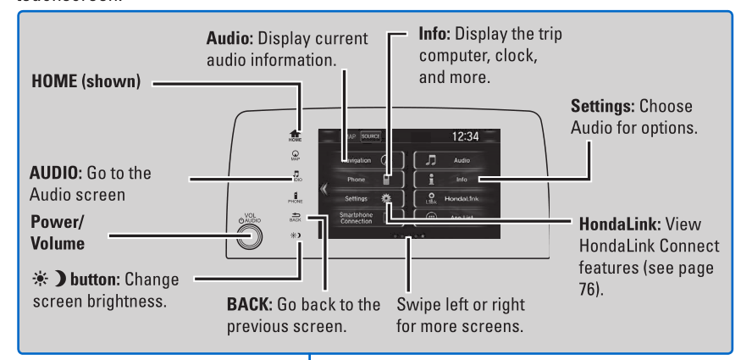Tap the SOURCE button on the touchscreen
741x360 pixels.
pyautogui.click(x=370, y=136)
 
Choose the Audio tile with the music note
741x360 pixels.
pyautogui.click(x=460, y=158)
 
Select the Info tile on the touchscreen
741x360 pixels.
pyautogui.click(x=460, y=179)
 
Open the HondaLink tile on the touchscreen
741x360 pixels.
pyautogui.click(x=460, y=199)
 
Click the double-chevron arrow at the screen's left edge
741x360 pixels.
pyautogui.click(x=323, y=188)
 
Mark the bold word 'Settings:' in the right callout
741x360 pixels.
pyautogui.click(x=603, y=108)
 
